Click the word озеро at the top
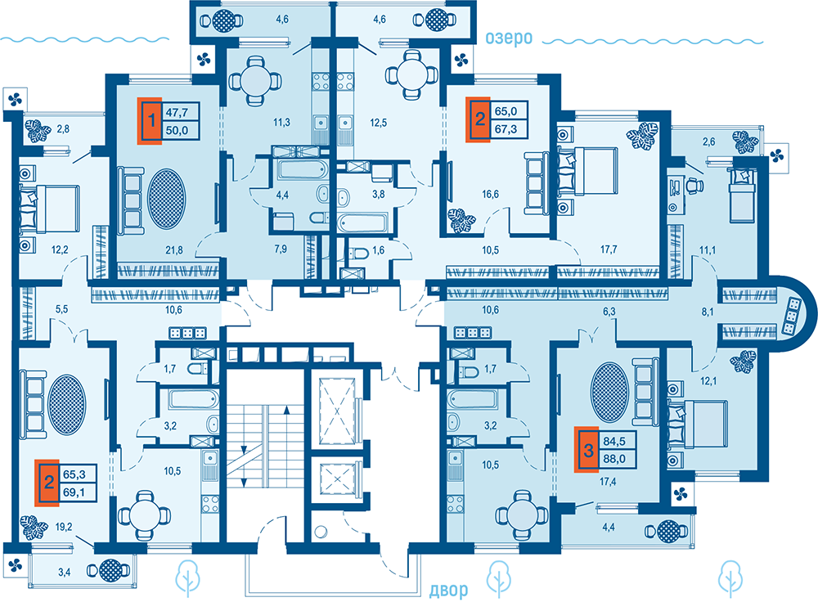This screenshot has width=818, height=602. click(508, 38)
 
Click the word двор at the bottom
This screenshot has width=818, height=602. click(448, 590)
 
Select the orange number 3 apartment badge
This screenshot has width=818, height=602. click(587, 450)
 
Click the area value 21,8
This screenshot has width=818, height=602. click(174, 250)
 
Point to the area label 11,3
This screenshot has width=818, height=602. click(281, 123)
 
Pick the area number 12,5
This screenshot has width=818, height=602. click(378, 124)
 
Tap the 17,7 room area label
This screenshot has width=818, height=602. click(609, 249)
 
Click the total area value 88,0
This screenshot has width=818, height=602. click(614, 459)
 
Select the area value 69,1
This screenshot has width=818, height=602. click(74, 492)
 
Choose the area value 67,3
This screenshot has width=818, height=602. click(506, 129)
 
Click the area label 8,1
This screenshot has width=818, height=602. click(708, 312)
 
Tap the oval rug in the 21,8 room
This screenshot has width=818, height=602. click(166, 199)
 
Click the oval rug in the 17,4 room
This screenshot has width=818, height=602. click(609, 393)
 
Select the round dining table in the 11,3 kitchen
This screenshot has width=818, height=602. click(255, 80)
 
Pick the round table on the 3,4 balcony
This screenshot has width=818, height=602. click(110, 571)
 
